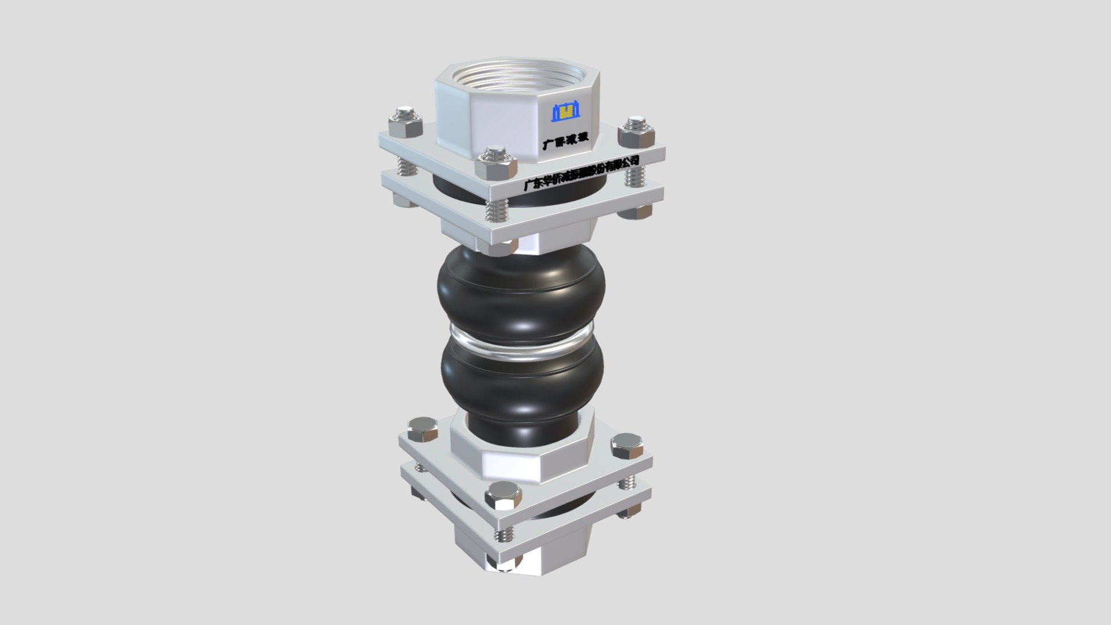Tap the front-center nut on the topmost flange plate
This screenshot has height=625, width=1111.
[x=496, y=163]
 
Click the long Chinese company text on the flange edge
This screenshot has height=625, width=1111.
[x=581, y=172]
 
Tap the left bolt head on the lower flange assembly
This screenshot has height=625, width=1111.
[x=422, y=430]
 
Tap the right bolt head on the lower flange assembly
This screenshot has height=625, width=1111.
[x=627, y=446]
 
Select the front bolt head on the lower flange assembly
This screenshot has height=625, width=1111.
[x=503, y=496]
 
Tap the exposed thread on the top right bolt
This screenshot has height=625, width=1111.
[x=635, y=175]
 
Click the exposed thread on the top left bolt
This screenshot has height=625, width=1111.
[x=407, y=167]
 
